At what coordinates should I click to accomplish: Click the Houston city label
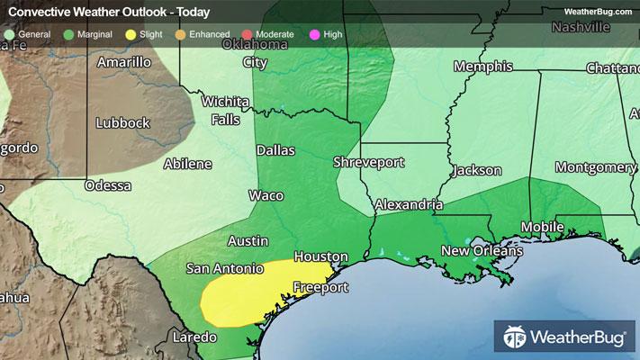click(x=320, y=256)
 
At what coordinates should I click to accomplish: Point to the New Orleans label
click(x=482, y=250)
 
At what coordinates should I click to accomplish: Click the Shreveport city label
click(x=368, y=163)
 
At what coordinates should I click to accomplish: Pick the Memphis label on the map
click(x=482, y=67)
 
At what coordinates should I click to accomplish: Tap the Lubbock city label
click(x=123, y=122)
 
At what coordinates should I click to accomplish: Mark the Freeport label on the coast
click(x=320, y=289)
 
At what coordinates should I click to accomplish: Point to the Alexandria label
click(x=409, y=204)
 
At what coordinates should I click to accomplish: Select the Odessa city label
click(x=107, y=185)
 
